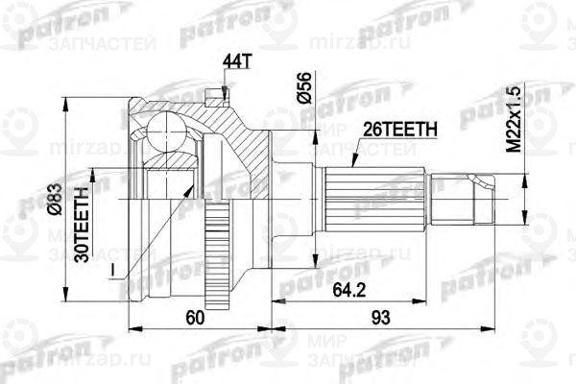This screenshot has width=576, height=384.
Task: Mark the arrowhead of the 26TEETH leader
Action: click(352, 165)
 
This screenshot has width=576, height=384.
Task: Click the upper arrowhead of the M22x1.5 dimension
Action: click(525, 177)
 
